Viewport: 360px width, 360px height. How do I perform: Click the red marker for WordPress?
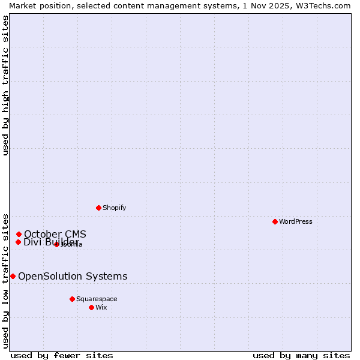tap(275, 221)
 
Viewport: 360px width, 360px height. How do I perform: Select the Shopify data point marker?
tap(98, 208)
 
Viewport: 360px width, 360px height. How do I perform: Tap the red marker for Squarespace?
tap(72, 299)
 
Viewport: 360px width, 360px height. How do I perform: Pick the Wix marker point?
tap(91, 307)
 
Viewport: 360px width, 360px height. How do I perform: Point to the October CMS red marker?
tap(19, 234)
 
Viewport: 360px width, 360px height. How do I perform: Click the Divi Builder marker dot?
tap(18, 242)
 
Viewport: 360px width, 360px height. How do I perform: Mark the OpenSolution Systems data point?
tap(13, 276)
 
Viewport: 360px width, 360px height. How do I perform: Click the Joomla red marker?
tap(56, 244)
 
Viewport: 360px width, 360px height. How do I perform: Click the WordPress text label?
tap(295, 221)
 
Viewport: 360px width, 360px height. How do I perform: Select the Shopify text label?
tap(114, 208)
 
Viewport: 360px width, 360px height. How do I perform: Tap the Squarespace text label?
tap(97, 299)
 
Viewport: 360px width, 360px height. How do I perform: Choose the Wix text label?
tap(101, 307)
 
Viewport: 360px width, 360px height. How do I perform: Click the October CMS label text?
tap(55, 234)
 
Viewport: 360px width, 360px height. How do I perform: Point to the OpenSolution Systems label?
tap(73, 276)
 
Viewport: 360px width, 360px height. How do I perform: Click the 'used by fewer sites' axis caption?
tap(62, 355)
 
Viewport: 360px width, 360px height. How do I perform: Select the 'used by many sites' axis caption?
tap(301, 355)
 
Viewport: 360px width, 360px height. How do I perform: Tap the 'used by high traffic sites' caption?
tap(6, 85)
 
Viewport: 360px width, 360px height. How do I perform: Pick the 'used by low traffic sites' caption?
tap(6, 280)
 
